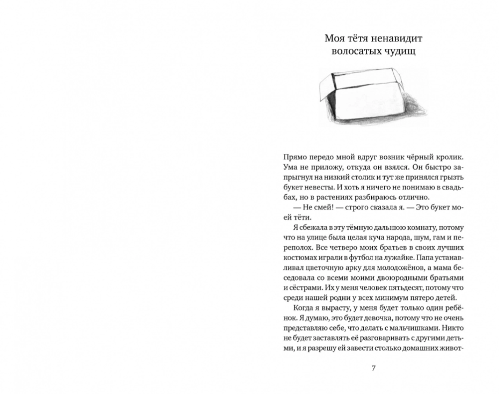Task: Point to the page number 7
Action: (374, 369)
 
